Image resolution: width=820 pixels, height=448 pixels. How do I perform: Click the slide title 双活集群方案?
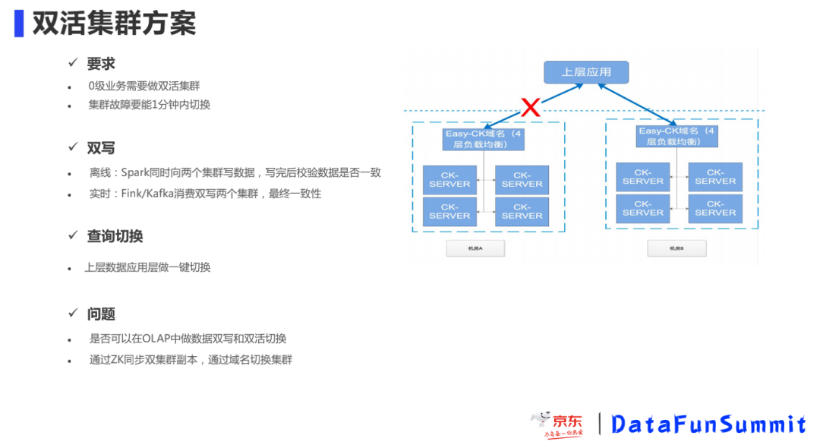point(114,24)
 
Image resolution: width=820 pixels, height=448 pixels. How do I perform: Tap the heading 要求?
point(101,64)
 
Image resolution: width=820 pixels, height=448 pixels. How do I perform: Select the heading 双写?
point(101,148)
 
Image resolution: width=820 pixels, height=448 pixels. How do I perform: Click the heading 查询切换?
point(115,236)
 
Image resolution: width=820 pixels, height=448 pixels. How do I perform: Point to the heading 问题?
point(101,314)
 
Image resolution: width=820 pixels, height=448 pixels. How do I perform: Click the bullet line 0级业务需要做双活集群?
point(143,86)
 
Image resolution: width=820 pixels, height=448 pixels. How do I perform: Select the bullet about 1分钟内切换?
point(149,105)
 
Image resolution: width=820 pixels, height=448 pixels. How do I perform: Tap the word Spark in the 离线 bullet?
point(136,172)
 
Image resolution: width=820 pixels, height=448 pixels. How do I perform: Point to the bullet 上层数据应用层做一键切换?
point(147,267)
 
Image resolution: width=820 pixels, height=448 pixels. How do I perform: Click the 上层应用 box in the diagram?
point(585,72)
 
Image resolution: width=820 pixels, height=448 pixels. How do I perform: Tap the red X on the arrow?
point(531,107)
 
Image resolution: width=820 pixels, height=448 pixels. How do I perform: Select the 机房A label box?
point(475,248)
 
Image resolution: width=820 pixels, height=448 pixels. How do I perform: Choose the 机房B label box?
point(676,248)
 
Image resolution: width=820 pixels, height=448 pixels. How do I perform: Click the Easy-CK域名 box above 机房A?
point(484,139)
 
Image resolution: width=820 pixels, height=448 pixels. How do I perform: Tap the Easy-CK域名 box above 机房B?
point(676,137)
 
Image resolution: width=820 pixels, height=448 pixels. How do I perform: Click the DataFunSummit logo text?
point(708,424)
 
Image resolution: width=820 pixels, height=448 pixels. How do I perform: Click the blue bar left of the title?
point(19,24)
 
